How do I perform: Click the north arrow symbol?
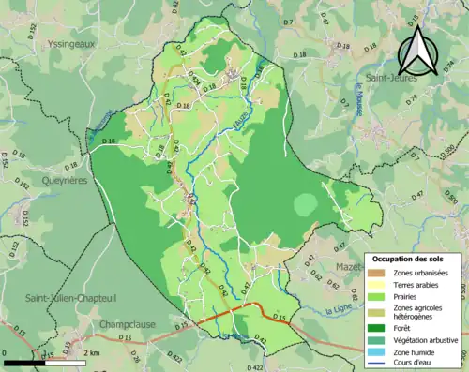tap(417, 52)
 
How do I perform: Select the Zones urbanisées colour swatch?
tap(376, 273)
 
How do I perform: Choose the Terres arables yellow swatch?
tap(376, 285)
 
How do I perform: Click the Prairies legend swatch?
tap(376, 297)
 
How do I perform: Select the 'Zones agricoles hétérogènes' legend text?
tap(422, 312)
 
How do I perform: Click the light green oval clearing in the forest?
tap(306, 204)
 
